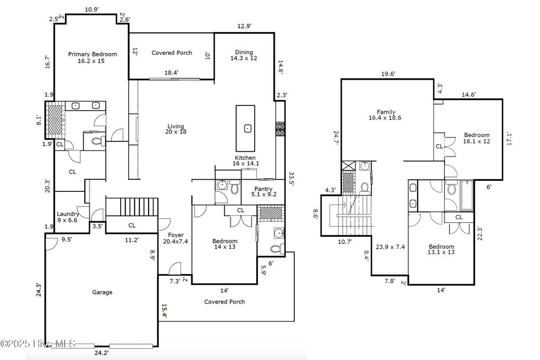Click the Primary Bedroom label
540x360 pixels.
pos(93,57)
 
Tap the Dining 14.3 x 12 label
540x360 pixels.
pos(244,55)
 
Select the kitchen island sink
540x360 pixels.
pos(247,128)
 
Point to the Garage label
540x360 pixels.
pos(102,292)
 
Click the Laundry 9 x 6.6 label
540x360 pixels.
pos(68,217)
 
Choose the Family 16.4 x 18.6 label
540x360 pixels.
pos(386,115)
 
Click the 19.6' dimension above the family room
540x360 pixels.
pos(388,74)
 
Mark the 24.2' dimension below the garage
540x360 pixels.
pos(102,353)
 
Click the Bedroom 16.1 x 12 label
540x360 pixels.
pos(477,138)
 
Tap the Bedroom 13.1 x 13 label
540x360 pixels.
pos(441,250)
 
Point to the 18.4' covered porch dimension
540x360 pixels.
pos(171,73)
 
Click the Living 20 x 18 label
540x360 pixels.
pos(176,129)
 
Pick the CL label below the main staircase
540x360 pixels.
pos(132,225)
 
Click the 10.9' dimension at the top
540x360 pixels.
pos(92,9)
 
